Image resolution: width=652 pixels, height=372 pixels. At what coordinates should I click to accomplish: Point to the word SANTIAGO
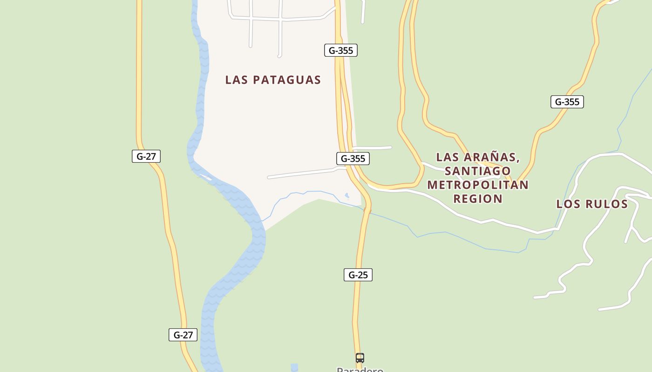click(x=477, y=171)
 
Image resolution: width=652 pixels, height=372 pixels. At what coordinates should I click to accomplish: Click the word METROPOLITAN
click(x=478, y=185)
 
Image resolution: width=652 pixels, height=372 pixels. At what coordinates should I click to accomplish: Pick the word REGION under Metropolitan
click(x=478, y=199)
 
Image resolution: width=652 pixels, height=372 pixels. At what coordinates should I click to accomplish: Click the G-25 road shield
click(x=358, y=275)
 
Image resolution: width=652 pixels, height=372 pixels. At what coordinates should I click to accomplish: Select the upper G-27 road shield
click(x=146, y=156)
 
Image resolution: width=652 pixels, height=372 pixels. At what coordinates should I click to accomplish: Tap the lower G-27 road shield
click(x=183, y=335)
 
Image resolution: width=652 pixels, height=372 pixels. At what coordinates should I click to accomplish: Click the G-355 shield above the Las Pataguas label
click(x=341, y=50)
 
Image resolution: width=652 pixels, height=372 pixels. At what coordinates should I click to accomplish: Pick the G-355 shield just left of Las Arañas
click(x=353, y=159)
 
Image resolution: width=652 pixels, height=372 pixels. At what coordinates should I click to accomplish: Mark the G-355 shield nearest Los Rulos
click(x=567, y=102)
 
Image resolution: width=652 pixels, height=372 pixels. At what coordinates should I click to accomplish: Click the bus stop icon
click(x=360, y=358)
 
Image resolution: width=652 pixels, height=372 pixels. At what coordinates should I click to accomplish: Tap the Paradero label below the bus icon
click(x=360, y=370)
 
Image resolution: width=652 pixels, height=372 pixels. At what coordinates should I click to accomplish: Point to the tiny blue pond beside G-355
click(x=346, y=196)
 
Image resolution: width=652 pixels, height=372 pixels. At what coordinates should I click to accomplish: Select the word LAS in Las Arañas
click(x=447, y=157)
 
